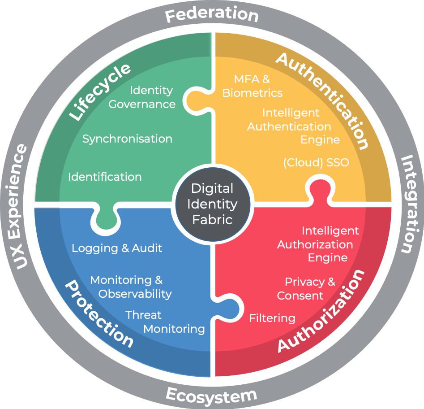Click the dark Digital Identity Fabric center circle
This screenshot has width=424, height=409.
coord(212,204)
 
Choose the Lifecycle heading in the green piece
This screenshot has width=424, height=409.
coord(99,91)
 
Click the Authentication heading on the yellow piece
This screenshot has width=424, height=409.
coord(322,100)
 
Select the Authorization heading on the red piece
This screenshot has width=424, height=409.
coord(321,311)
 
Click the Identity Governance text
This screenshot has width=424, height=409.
coord(142,97)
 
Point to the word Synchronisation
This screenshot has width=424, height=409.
coord(127,139)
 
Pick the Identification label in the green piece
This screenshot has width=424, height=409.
coord(105,177)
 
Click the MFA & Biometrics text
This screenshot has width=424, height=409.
coord(252,86)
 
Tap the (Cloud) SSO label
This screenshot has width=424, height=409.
coord(316,162)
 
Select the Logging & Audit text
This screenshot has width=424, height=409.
coord(117,248)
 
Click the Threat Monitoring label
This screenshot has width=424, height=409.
coord(165,322)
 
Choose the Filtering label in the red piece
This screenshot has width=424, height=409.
coord(272,318)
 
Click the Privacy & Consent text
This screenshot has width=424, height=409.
coord(306,289)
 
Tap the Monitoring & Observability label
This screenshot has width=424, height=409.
coord(131,287)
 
